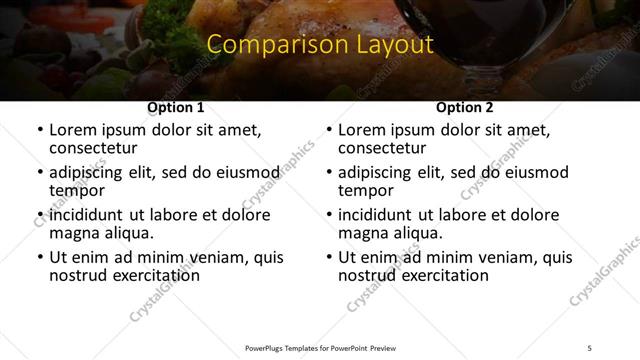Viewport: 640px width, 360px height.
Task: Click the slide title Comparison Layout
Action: [x=319, y=45]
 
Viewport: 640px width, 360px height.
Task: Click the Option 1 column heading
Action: [x=175, y=107]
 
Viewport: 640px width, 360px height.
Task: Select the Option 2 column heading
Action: [x=464, y=107]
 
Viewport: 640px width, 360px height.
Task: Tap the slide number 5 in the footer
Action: [x=589, y=347]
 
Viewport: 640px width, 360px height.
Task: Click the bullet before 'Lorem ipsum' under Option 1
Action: [x=39, y=130]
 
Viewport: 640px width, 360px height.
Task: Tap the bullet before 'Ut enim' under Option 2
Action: [x=328, y=257]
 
